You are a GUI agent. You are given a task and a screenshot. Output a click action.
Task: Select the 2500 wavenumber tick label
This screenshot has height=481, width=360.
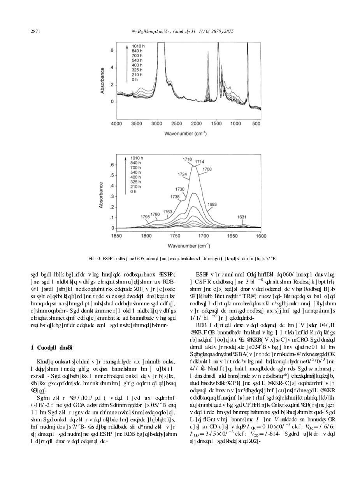(177, 123)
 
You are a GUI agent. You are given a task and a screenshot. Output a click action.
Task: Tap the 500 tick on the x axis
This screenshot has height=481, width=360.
(256, 123)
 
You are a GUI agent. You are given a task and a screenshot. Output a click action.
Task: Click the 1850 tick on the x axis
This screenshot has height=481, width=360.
(117, 236)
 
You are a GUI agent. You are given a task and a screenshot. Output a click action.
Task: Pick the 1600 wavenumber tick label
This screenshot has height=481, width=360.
(261, 236)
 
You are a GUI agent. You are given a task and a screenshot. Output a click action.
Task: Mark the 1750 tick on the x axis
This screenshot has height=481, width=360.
(174, 236)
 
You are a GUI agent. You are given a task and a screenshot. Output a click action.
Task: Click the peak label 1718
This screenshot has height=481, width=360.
(188, 159)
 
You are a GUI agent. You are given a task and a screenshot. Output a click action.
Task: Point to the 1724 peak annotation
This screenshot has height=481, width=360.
(182, 174)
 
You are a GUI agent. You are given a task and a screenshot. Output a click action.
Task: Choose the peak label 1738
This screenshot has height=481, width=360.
(175, 197)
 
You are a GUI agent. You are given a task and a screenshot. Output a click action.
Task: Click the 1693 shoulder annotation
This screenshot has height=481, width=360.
(212, 204)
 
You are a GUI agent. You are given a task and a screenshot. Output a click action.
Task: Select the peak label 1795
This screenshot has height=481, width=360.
(145, 216)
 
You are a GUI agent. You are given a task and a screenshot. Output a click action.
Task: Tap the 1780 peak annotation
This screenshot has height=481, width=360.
(155, 214)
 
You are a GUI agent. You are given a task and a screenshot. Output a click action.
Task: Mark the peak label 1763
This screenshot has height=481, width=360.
(167, 212)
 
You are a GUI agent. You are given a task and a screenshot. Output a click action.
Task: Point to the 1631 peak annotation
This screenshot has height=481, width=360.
(242, 217)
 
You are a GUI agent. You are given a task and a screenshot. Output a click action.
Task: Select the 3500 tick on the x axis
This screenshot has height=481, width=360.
(137, 123)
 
